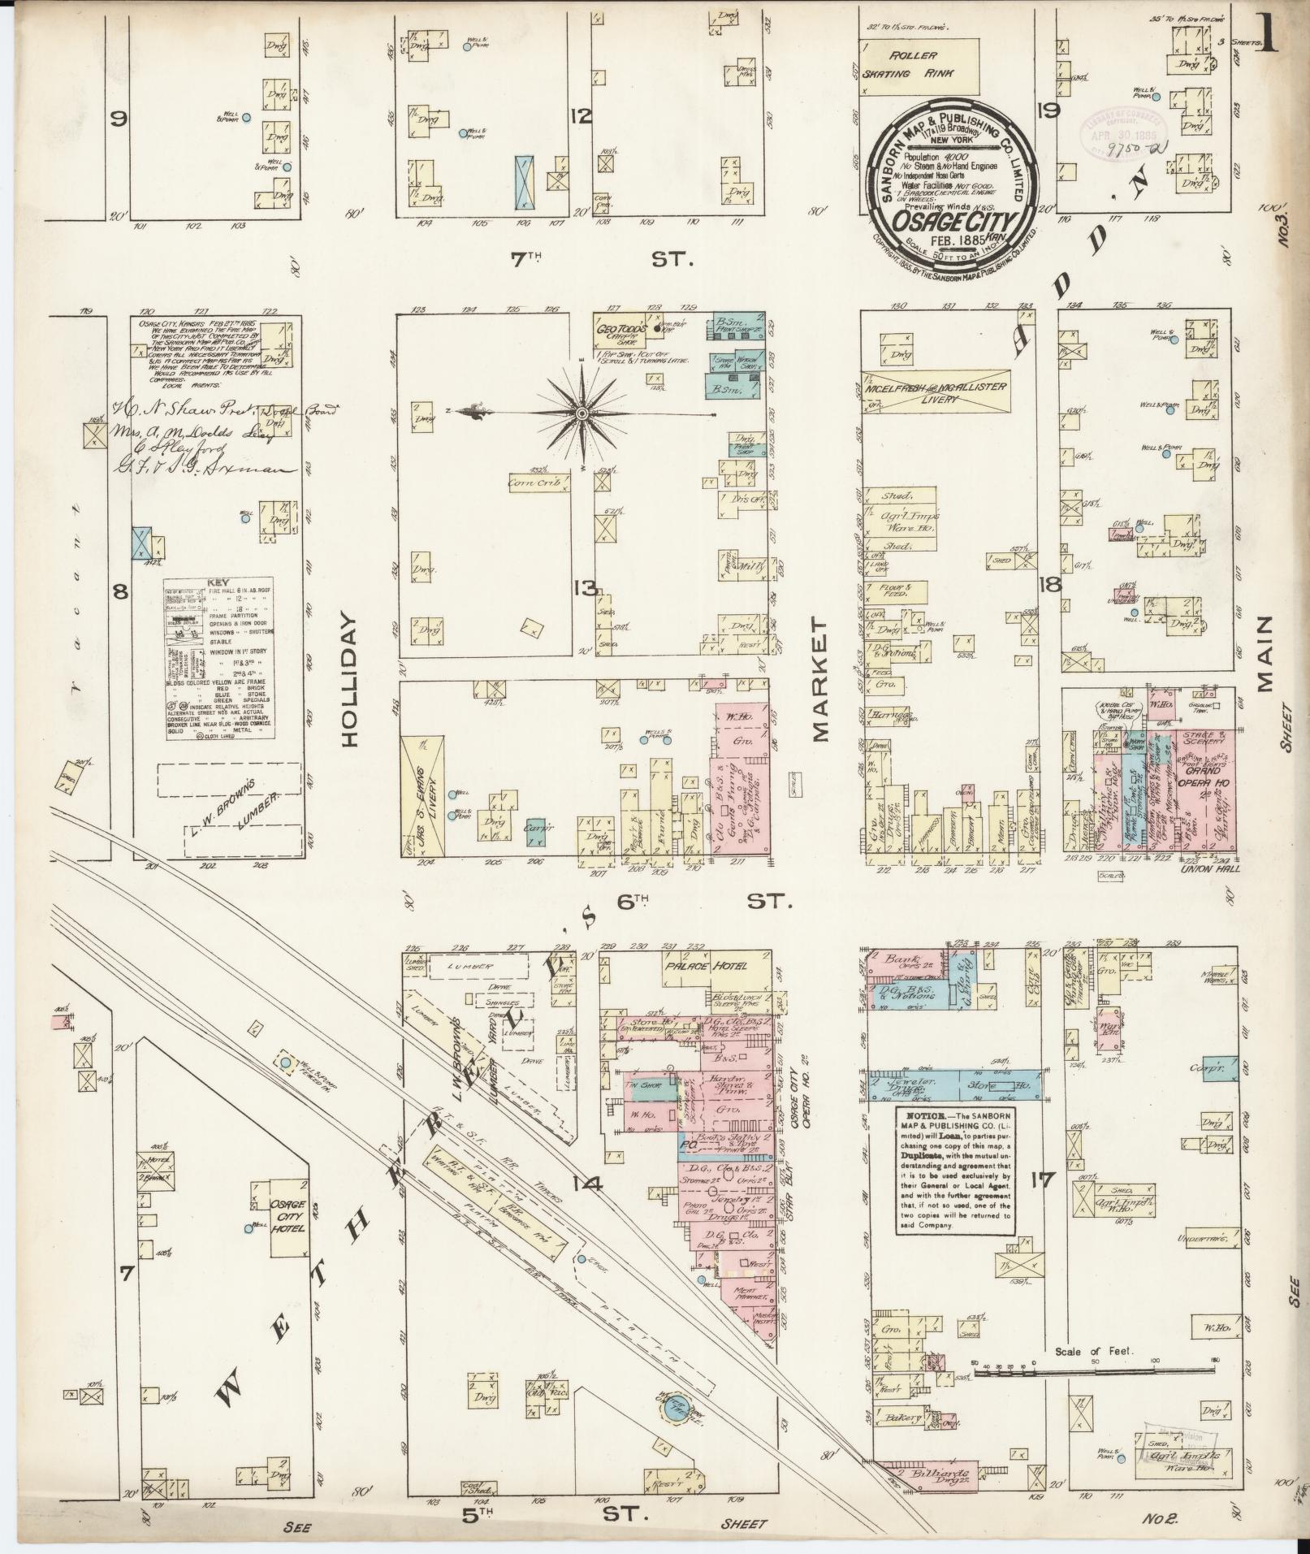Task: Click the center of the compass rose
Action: [x=582, y=414]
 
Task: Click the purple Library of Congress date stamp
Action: [x=1121, y=127]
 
